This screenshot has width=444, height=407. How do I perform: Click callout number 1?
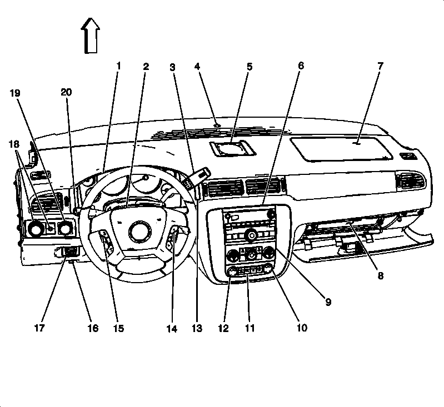[x=118, y=66]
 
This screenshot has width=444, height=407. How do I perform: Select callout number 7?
[x=380, y=66]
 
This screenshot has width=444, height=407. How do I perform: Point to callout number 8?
[x=380, y=275]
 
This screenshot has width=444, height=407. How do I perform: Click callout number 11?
[x=250, y=328]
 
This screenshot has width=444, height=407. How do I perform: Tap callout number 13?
[x=196, y=328]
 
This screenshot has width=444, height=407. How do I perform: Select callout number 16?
[x=92, y=328]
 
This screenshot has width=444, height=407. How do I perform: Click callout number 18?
[x=13, y=144]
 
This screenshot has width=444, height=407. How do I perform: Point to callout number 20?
[x=67, y=93]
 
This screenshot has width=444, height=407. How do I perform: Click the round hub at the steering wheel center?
[x=138, y=231]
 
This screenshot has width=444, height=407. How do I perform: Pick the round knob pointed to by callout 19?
[x=66, y=227]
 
